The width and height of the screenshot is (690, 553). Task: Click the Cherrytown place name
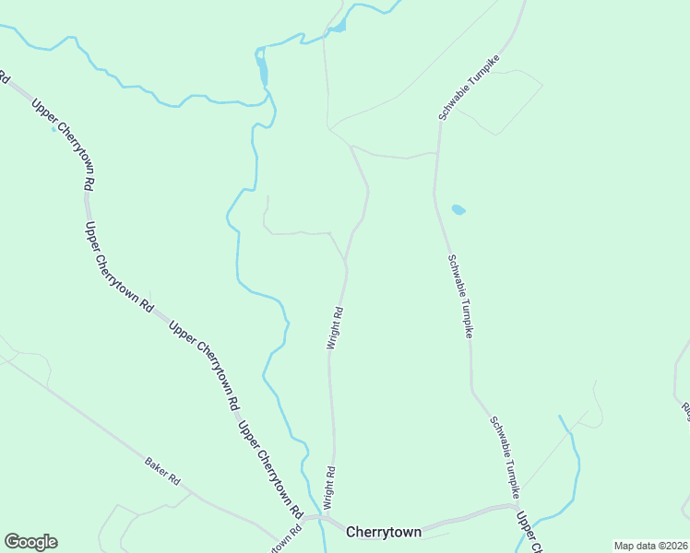pos(383,532)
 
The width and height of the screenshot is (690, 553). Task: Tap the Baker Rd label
pos(161,469)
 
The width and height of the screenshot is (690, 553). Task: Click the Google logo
pos(30,541)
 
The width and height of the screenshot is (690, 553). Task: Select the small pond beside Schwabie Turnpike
pos(458,210)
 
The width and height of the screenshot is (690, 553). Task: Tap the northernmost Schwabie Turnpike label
pos(469,88)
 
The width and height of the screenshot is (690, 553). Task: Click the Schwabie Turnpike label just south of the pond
pos(459,295)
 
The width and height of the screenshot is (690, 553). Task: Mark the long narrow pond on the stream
pos(263,68)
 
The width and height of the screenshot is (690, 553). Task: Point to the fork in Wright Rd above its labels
pos(346,261)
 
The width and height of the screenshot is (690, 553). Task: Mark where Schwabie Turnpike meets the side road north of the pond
pos(437,153)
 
